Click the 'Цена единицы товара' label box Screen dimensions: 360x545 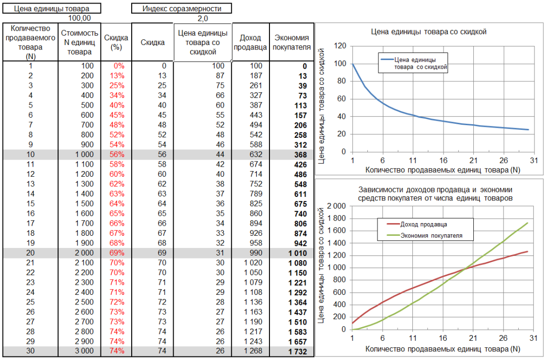click(x=51, y=9)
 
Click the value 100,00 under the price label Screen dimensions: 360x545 click(x=79, y=18)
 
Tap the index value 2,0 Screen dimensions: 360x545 click(x=202, y=18)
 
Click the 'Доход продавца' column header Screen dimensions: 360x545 click(x=250, y=42)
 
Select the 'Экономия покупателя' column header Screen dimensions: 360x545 click(x=291, y=42)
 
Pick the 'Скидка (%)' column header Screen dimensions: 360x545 click(x=116, y=42)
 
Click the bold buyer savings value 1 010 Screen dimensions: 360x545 click(x=298, y=253)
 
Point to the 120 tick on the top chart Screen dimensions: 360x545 click(x=340, y=46)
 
